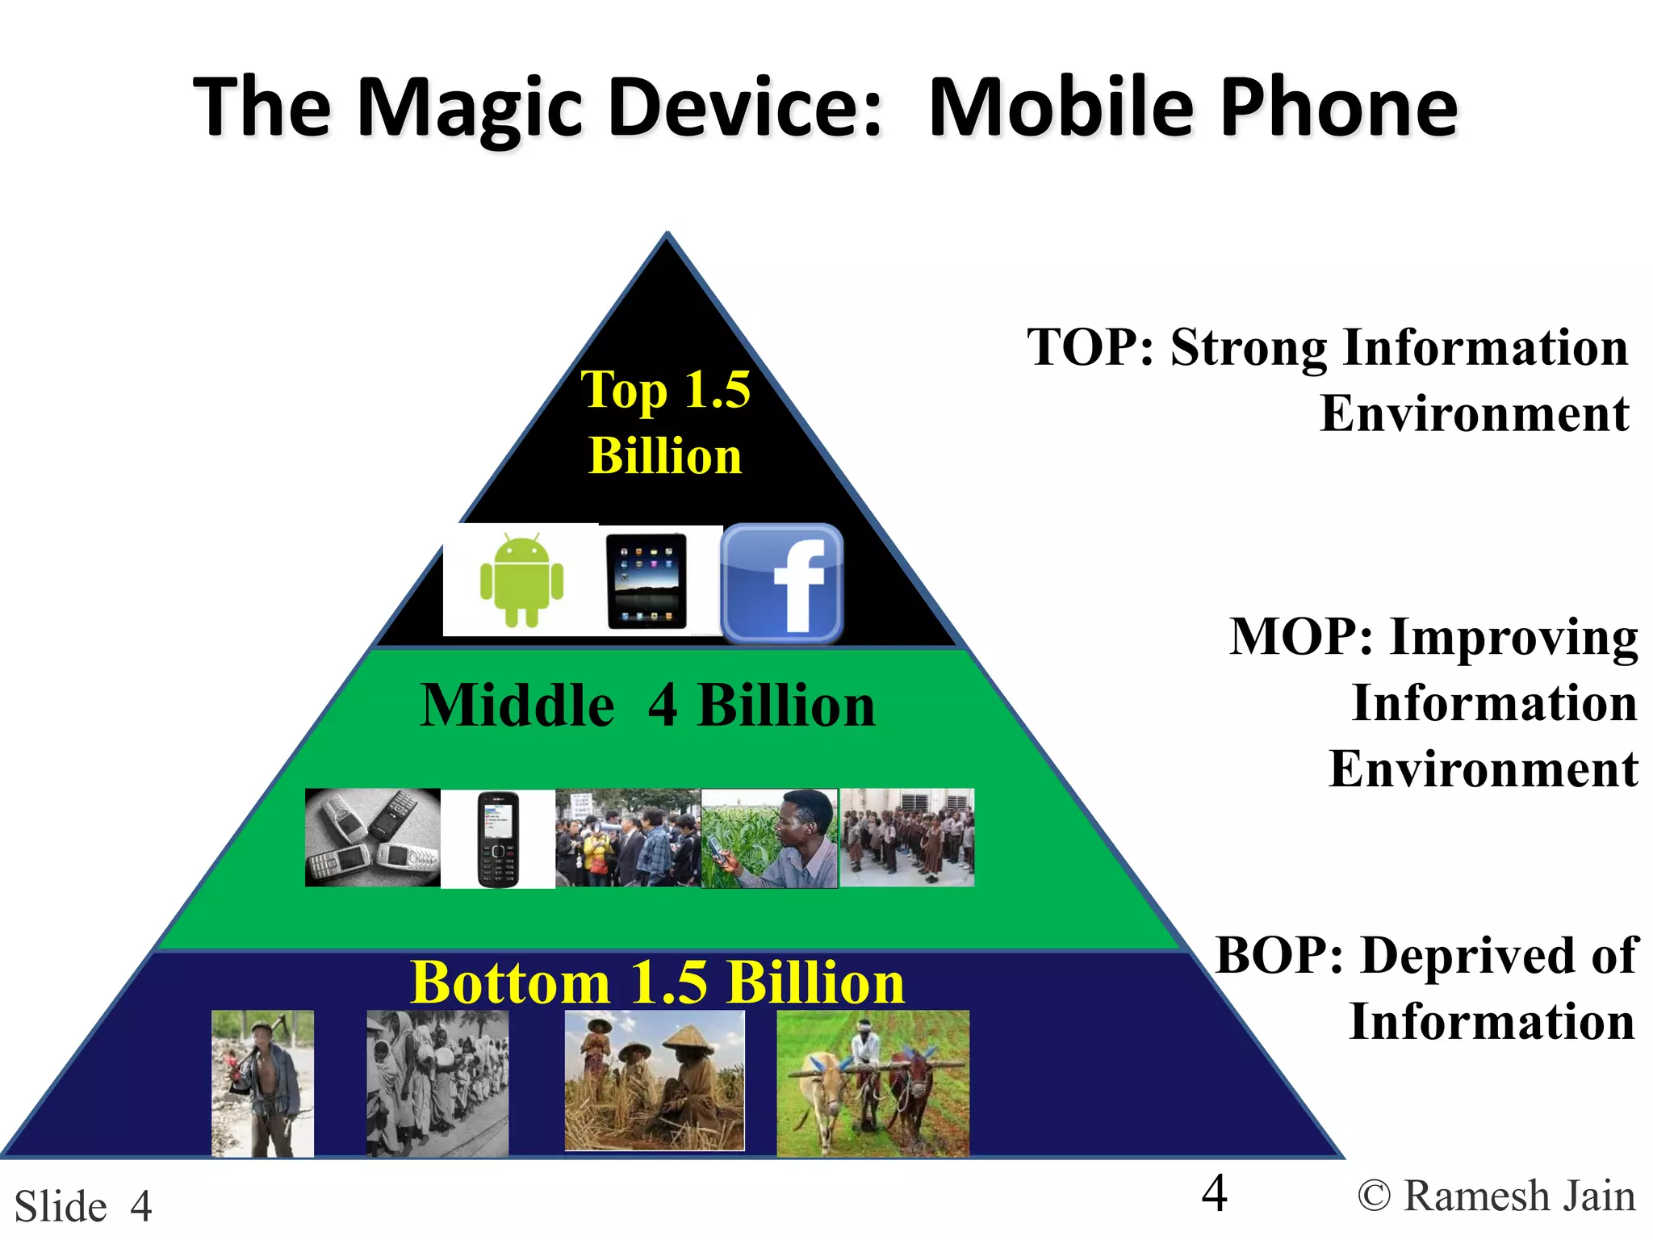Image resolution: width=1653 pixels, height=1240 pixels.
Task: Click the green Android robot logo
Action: (521, 580)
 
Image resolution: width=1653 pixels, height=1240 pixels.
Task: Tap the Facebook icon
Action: (781, 583)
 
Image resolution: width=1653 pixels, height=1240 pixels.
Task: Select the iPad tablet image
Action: (647, 581)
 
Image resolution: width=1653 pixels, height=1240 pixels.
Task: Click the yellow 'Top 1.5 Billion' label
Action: (666, 422)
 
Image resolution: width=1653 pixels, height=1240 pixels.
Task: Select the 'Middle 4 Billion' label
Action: (647, 706)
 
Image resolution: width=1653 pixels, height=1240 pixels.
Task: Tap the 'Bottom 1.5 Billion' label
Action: (657, 982)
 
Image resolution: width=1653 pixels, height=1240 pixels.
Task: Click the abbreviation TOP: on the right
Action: (1090, 348)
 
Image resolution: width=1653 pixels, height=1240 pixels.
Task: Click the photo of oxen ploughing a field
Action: (873, 1083)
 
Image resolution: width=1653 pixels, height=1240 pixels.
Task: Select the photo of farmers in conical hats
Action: (654, 1080)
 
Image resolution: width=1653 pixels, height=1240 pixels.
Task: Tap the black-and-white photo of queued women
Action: (437, 1083)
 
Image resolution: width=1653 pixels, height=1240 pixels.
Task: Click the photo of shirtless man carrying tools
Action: (262, 1083)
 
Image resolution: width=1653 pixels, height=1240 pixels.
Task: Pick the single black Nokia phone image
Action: (498, 839)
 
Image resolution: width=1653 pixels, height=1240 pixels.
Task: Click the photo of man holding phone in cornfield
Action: (769, 839)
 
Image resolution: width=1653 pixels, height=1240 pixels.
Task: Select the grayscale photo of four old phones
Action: (373, 838)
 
